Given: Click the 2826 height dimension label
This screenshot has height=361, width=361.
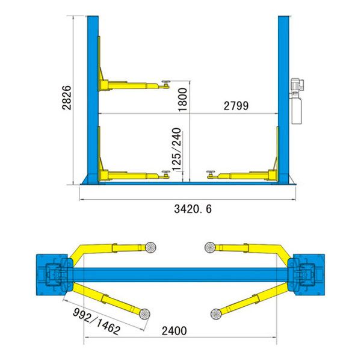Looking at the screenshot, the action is (67, 97).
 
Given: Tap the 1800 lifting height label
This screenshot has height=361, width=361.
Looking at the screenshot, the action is (183, 99).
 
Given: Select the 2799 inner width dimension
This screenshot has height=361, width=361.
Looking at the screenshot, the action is (236, 106).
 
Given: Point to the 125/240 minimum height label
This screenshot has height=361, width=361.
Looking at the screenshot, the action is (177, 149).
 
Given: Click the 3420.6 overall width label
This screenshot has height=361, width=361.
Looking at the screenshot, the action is (193, 209).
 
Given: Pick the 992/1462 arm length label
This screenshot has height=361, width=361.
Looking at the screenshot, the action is (97, 321).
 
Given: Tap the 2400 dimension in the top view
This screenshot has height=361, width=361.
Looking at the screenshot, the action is (174, 331).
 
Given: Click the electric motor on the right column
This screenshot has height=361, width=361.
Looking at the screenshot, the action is (297, 85).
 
